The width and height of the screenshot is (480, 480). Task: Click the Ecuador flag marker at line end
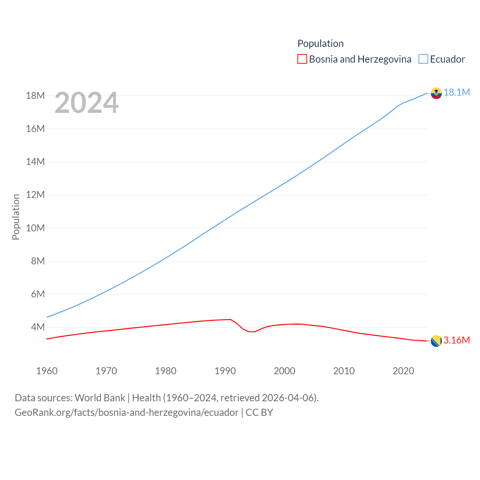coord(436,93)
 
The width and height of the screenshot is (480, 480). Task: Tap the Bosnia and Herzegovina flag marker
coord(436,341)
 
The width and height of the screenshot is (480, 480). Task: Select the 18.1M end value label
coord(457,93)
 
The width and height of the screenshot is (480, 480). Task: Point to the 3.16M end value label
coord(457,340)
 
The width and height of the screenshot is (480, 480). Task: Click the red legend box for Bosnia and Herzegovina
coord(302,59)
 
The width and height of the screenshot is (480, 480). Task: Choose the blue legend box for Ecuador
coord(423,59)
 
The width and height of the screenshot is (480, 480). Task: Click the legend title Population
coord(320,43)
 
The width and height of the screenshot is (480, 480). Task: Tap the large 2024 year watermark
coord(87,103)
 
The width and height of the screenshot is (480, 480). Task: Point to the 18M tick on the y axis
coord(35,96)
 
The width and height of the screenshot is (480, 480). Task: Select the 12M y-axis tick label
coord(35,195)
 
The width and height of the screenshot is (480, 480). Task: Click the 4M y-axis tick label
coord(37,327)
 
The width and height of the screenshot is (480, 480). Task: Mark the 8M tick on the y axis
coord(37,261)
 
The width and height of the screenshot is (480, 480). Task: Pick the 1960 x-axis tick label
coord(47,371)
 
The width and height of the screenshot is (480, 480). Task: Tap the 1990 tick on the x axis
coord(225,371)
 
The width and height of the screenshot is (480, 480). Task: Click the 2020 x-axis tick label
coord(403,371)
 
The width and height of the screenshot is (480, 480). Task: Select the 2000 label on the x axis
coord(285,371)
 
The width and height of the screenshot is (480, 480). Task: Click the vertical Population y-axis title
coord(16,217)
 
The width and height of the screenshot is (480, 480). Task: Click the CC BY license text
coord(259,412)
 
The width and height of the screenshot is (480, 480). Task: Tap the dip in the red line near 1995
coord(252,332)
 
